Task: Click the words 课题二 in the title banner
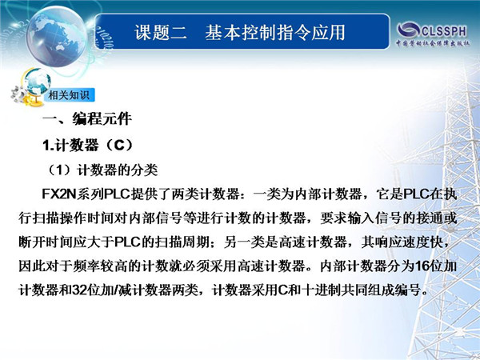pos(161,32)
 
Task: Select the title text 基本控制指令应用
pos(275,32)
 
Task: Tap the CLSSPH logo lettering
pos(444,31)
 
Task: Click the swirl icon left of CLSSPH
pos(408,30)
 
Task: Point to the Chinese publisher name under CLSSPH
pos(433,43)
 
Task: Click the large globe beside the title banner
pos(56,36)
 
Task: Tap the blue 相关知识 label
pos(69,95)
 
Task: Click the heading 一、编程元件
pos(87,118)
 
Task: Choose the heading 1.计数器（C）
pos(88,145)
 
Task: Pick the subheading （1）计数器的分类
pos(101,170)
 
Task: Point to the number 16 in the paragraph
pos(421,266)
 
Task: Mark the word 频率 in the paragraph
pos(86,266)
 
